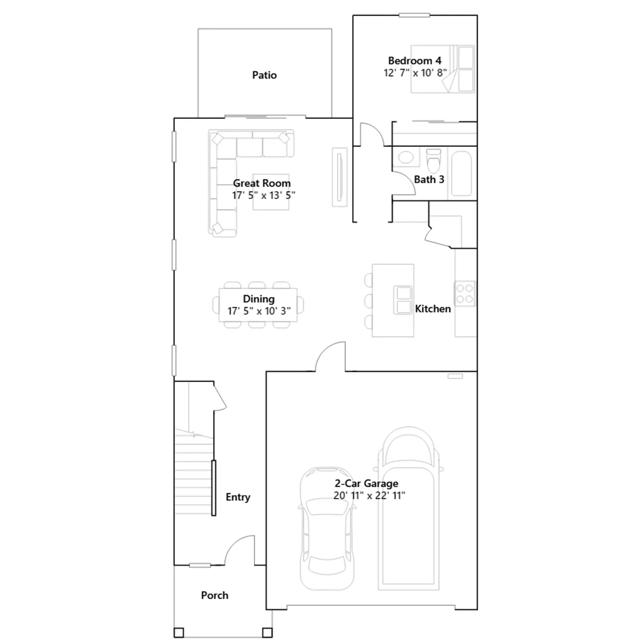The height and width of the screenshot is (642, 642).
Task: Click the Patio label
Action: coord(264,75)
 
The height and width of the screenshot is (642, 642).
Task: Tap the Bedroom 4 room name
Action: coord(414,61)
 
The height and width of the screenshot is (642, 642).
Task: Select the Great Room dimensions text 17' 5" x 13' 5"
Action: coord(264,195)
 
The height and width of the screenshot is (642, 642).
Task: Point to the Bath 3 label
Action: coord(429,179)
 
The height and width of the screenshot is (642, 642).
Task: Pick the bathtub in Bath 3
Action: coord(461,173)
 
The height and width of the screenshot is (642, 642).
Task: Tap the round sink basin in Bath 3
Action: coord(406,157)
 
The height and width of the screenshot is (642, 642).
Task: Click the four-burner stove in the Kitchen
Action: coord(465,294)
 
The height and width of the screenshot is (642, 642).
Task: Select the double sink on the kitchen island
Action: coord(403,300)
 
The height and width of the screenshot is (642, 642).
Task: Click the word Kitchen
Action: coord(433,309)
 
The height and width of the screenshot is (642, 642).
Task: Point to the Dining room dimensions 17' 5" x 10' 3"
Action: coord(259,311)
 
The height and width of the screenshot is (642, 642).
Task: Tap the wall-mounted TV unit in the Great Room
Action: coord(339,177)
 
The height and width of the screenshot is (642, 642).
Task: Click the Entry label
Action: coord(238,497)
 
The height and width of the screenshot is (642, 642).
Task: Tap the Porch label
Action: coord(215,595)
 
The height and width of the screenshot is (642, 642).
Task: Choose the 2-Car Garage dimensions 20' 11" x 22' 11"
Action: coord(369,496)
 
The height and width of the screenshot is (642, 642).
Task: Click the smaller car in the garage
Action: coord(327,528)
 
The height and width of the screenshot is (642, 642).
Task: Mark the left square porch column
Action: coord(179,633)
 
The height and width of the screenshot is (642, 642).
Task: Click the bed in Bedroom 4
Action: coord(443,69)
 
